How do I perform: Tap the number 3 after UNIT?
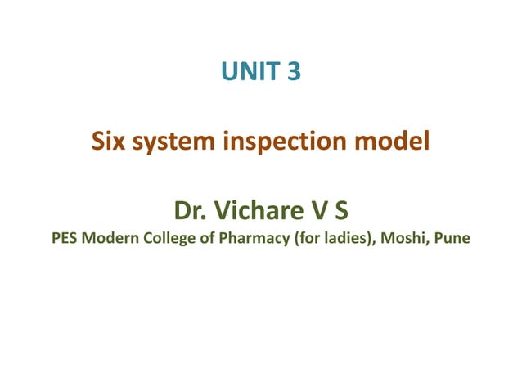click(294, 74)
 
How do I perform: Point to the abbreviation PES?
click(64, 240)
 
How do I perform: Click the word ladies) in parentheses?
click(345, 240)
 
